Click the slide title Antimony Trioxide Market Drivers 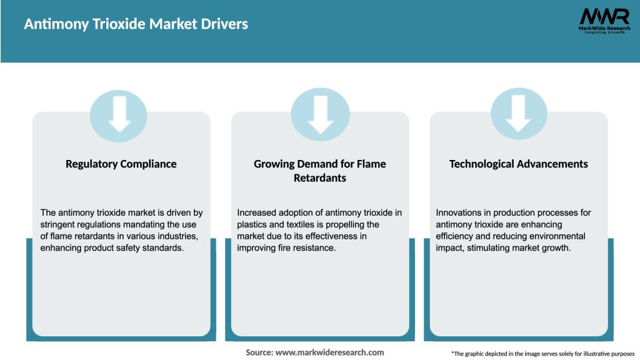[136, 24]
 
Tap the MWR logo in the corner [604, 21]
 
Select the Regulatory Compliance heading [121, 164]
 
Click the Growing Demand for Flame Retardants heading [320, 171]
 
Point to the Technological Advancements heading [519, 164]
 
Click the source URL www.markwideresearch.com [329, 352]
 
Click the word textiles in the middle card [302, 224]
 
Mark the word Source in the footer [259, 352]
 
